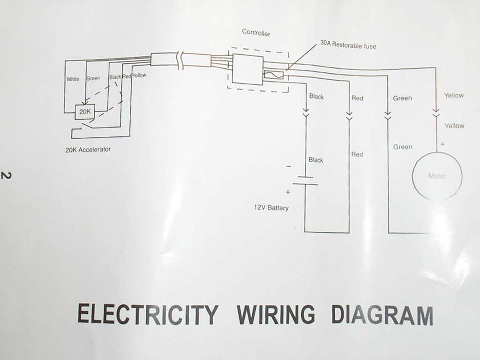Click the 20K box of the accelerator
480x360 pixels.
point(85,112)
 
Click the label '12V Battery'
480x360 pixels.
point(271,208)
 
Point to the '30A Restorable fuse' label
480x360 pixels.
point(348,45)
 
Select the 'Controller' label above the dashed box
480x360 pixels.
point(256,32)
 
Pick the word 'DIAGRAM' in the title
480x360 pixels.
point(382,316)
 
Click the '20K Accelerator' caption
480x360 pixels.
point(88,150)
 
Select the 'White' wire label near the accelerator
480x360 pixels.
point(73,79)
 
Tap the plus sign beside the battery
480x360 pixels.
point(288,192)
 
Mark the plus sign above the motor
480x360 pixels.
point(442,144)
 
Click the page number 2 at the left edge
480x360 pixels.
point(6,176)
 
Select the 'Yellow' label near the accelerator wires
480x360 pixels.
point(139,75)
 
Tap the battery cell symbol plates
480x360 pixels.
point(305,181)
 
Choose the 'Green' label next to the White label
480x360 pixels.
point(93,78)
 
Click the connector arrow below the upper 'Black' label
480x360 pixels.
point(306,114)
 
